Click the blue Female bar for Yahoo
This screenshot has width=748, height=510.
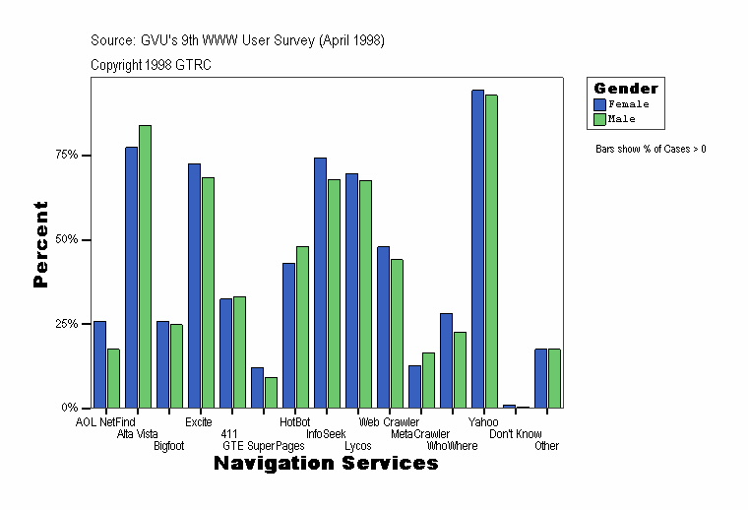pos(477,249)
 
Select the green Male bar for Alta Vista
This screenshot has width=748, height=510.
pos(145,267)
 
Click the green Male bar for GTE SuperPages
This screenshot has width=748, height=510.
pos(271,392)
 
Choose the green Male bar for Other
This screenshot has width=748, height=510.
pos(554,378)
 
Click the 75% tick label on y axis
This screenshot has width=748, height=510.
pos(66,156)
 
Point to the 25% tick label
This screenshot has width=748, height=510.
pos(66,324)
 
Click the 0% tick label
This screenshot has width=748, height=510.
pos(69,408)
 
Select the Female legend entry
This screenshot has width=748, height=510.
pos(628,104)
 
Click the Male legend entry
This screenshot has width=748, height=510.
pos(622,119)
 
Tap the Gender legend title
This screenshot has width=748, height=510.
pos(626,89)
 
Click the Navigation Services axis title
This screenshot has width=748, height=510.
pos(326,464)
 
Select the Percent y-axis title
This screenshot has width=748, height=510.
pos(40,244)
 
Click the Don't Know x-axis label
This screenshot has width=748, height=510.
pos(516,434)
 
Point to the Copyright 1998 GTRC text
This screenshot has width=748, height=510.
pos(151,65)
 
